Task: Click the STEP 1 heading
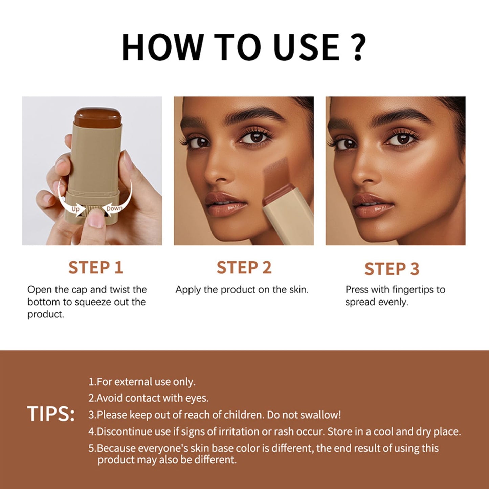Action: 95,267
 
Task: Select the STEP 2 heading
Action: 244,267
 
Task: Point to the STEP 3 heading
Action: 392,269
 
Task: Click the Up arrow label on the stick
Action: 75,209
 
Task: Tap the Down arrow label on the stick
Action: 114,208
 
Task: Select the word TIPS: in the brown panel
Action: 51,414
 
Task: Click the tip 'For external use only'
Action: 142,382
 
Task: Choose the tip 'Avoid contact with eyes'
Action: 149,398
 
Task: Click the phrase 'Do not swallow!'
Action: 304,415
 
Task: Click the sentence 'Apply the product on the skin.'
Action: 242,290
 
